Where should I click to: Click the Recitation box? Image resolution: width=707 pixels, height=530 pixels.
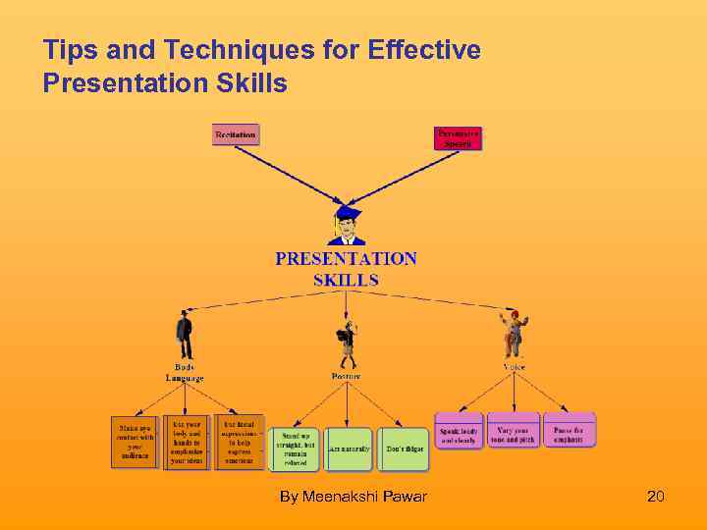236,133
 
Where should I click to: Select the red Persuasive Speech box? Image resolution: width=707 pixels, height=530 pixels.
458,138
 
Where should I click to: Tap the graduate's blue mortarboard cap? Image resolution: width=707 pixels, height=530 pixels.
347,212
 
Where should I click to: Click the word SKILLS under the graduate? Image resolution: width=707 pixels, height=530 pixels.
346,280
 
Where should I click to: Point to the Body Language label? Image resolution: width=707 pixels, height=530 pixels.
185,373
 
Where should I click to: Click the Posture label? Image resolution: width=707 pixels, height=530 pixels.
346,376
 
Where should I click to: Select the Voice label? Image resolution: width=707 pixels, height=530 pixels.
515,367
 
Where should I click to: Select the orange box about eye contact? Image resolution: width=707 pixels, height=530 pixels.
135,442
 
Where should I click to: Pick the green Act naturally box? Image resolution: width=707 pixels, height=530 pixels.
349,449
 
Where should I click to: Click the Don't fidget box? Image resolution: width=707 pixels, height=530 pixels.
403,449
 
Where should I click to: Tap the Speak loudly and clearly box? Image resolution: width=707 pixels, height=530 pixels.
460,435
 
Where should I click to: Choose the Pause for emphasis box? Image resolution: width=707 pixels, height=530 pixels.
569,435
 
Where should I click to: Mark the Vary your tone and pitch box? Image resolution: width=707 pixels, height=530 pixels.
514,435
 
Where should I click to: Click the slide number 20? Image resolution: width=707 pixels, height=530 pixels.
656,497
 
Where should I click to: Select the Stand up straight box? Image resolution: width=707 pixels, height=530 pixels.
297,449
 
